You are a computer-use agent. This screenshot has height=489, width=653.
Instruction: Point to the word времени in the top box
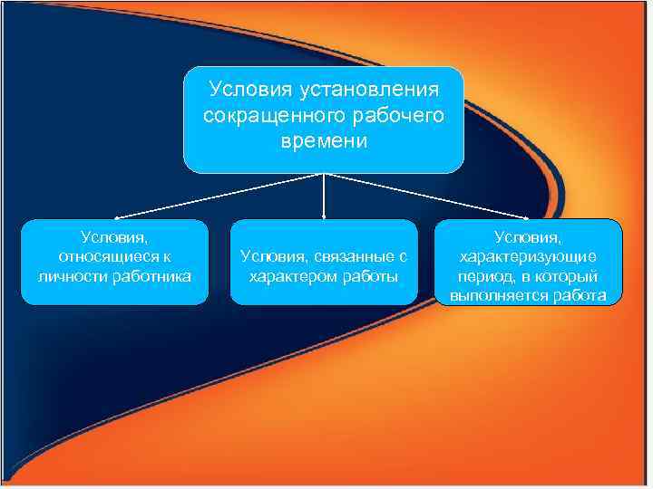tap(324, 142)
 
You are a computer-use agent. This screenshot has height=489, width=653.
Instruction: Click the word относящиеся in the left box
tap(106, 256)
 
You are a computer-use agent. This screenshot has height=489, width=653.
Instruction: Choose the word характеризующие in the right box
tap(529, 256)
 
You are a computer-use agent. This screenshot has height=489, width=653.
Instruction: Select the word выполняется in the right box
tap(495, 295)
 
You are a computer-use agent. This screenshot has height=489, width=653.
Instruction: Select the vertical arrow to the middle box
tap(324, 196)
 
